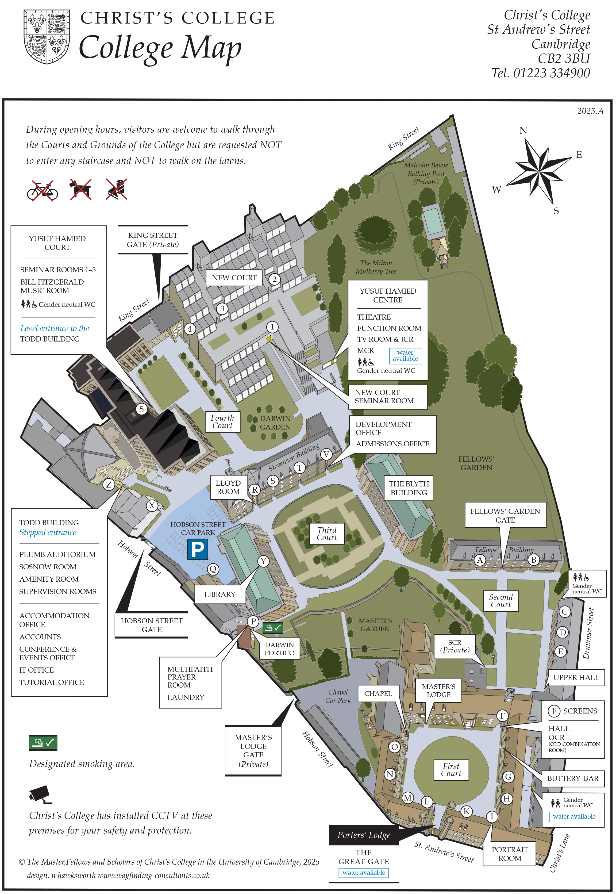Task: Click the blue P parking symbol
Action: pos(197,549)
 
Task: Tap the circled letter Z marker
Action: pos(109,485)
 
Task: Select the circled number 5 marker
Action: pos(142,409)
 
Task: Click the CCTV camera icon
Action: pos(40,795)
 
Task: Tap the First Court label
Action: pos(451,770)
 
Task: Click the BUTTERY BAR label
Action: pos(572,778)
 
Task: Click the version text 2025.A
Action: pos(590,111)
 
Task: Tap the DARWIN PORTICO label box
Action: pos(279,649)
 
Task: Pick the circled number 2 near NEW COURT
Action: pos(274,279)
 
